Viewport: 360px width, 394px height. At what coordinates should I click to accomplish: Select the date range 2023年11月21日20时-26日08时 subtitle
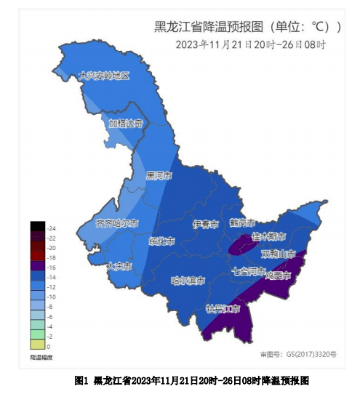coord(250,44)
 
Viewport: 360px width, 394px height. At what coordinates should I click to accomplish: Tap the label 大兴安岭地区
coord(104,76)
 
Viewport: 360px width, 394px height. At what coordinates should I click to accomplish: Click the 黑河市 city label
coord(159,175)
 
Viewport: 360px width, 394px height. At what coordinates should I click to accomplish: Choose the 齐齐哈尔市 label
coord(117,222)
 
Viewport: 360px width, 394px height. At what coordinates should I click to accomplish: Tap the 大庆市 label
coord(119,266)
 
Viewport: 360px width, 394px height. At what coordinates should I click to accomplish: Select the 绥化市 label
coord(161,241)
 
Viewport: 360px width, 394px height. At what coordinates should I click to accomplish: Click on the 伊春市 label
coord(206,224)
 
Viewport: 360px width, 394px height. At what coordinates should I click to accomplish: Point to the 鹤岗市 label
coord(242,222)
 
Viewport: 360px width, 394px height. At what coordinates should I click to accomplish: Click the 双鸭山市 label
coord(278,254)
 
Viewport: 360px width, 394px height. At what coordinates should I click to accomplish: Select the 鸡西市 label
coord(278,276)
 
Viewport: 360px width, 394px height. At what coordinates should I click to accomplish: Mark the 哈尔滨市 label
coord(187,280)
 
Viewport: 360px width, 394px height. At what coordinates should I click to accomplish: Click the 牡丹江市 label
coord(223,309)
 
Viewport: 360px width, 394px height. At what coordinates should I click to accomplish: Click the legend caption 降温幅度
coord(41,357)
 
